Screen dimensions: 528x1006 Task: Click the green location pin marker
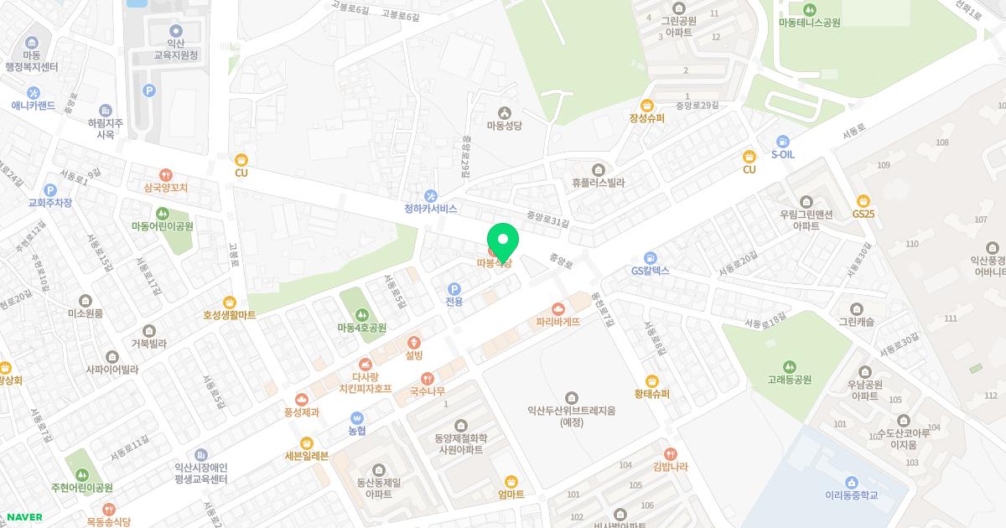(x=503, y=242)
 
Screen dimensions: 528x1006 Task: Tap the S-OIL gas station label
(x=783, y=154)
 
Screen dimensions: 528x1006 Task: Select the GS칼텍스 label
(x=651, y=271)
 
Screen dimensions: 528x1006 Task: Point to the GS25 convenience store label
(x=863, y=214)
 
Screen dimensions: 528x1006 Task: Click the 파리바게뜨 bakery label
(x=558, y=321)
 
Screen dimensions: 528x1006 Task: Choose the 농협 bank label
(x=357, y=430)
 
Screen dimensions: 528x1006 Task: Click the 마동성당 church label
(x=505, y=125)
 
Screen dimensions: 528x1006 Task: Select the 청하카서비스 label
(x=431, y=208)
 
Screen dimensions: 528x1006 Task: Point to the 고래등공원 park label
(x=789, y=379)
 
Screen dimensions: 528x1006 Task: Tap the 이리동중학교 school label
(x=851, y=494)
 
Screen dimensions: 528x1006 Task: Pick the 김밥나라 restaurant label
(x=670, y=466)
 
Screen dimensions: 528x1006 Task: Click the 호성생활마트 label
(x=229, y=315)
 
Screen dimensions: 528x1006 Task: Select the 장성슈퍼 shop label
(x=646, y=118)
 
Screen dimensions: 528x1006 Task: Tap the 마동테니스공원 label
(x=809, y=23)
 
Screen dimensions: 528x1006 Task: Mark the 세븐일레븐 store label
(x=307, y=456)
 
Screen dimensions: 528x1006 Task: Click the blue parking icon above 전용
(x=454, y=289)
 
